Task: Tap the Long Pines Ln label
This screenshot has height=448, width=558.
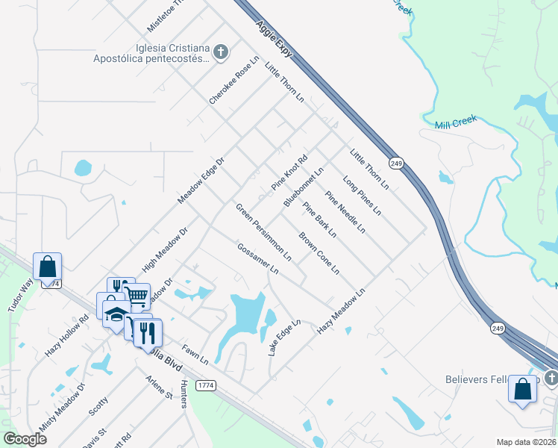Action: click(x=362, y=196)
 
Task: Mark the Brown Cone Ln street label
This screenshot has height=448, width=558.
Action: click(x=319, y=253)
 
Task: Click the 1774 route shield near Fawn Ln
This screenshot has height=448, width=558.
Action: click(x=206, y=385)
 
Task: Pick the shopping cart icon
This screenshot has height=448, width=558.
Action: click(x=137, y=296)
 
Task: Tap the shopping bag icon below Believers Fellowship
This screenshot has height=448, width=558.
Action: click(x=523, y=389)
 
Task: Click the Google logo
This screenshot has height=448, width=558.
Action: click(x=25, y=439)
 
